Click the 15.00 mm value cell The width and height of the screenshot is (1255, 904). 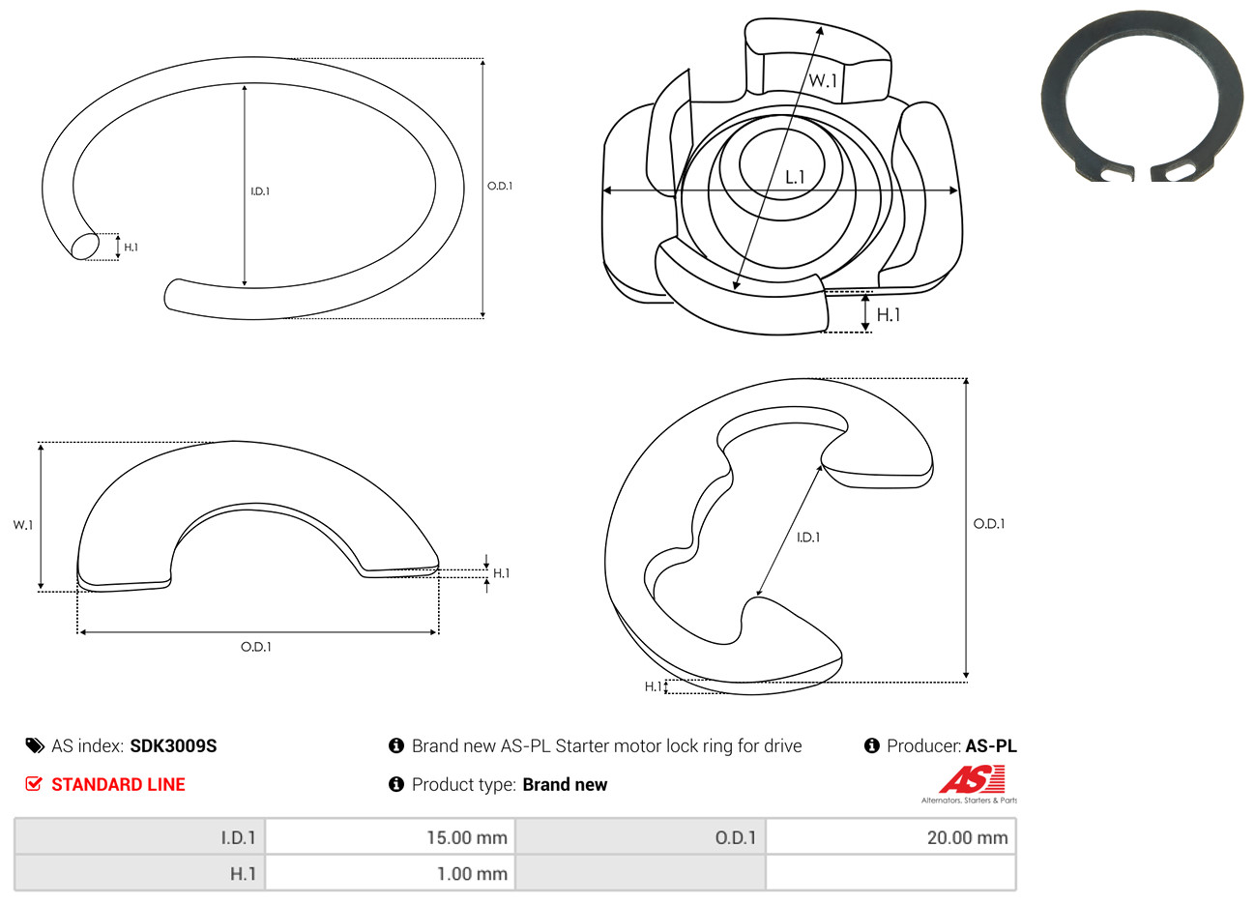tap(390, 837)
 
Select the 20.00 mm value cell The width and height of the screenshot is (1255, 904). tap(890, 837)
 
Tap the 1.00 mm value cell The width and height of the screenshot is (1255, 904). tap(390, 873)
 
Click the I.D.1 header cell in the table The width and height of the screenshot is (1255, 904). tap(139, 837)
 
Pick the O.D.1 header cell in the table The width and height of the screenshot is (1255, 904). tap(640, 837)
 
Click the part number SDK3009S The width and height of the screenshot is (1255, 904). tap(173, 746)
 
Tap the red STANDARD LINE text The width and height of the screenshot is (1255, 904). tap(118, 784)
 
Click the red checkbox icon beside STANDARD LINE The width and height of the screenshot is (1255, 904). tap(34, 783)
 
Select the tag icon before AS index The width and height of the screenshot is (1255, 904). tap(35, 746)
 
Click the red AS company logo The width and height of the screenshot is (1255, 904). tap(972, 779)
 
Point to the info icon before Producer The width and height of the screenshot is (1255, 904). tap(871, 745)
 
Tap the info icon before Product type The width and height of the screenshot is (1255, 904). tap(396, 784)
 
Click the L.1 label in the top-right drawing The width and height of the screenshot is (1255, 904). tap(795, 178)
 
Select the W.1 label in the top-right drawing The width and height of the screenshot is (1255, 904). tap(823, 80)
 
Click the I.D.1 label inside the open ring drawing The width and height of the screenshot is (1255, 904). tap(260, 191)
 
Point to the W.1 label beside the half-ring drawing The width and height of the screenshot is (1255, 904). tap(23, 525)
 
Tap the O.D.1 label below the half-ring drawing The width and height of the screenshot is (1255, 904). tap(256, 647)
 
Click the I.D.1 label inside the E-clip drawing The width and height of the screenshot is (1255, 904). tap(808, 538)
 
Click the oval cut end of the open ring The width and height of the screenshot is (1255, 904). tap(85, 246)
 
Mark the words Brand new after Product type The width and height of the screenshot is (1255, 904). tap(565, 784)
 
